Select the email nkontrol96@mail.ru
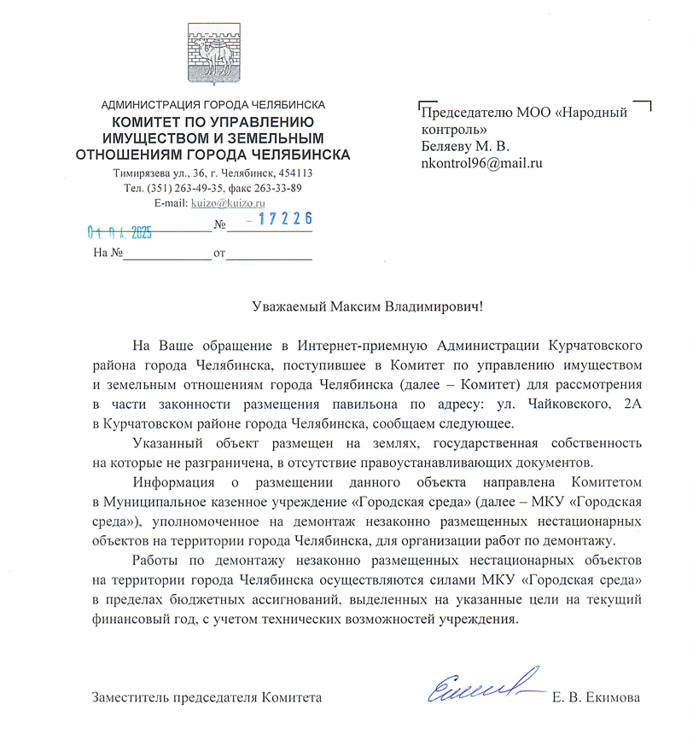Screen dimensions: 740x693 [x=482, y=162]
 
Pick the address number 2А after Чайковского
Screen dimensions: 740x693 [x=631, y=405]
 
